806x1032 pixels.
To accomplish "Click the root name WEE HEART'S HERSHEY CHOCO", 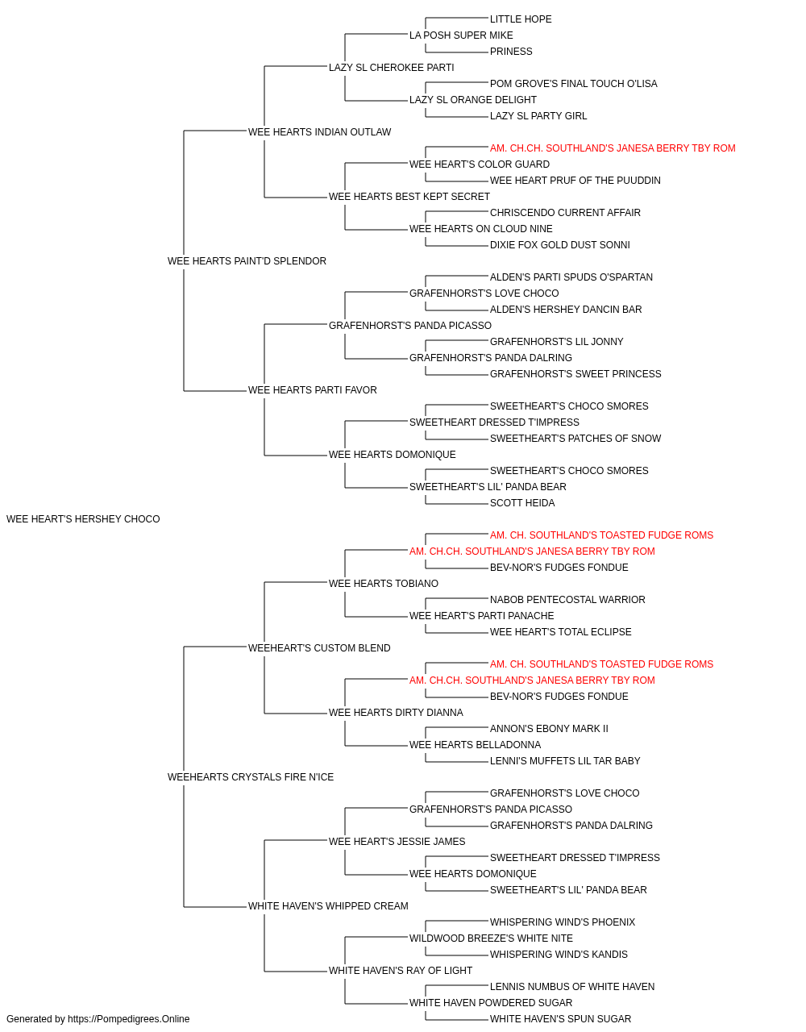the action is [83, 519].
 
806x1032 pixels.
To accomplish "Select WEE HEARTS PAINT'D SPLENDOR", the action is [247, 261].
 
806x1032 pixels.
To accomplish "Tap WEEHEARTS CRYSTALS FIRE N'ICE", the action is [251, 777].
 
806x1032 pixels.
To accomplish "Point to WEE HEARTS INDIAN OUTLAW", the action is [319, 132].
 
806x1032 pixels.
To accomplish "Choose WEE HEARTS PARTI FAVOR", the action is [313, 390].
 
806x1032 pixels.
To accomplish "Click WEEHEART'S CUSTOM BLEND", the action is [319, 648].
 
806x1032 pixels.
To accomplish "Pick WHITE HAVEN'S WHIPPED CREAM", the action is [328, 906].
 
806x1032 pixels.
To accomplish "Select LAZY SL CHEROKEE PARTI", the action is [391, 68].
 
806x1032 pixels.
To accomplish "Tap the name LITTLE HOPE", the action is [521, 19].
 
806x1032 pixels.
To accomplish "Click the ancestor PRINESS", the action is [511, 52].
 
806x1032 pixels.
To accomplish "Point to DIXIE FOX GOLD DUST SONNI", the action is [559, 245].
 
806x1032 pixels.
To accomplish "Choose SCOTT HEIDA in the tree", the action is [522, 503].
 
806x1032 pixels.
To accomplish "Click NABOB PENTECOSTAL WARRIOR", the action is [567, 600].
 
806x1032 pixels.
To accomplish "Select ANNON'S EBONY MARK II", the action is [549, 729].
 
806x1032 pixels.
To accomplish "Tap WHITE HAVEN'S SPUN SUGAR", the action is [560, 1019].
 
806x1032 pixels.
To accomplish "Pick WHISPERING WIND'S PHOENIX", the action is [562, 922].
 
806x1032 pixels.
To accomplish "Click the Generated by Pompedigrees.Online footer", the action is [98, 1019].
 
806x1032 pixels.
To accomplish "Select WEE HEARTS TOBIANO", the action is [384, 584].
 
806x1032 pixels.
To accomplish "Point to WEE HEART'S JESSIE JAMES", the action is [397, 842].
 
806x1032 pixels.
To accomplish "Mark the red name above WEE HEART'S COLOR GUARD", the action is [613, 148].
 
